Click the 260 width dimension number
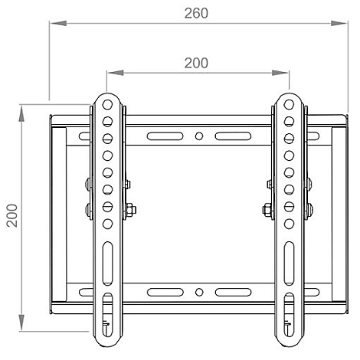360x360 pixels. (196, 13)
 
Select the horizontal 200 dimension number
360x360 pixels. (196, 63)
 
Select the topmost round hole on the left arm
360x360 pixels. (107, 105)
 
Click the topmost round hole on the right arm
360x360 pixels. (290, 105)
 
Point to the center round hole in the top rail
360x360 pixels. (198, 138)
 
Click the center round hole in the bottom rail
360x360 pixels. (198, 292)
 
